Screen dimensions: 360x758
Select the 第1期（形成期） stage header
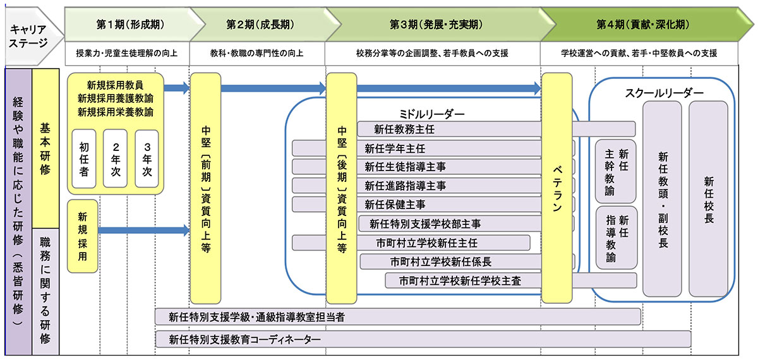click(130, 24)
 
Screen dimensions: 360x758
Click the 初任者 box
click(84, 158)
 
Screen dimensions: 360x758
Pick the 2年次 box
click(116, 158)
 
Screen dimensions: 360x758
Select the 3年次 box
click(147, 158)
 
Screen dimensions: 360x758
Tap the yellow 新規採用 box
click(83, 236)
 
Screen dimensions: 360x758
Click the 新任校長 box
click(708, 198)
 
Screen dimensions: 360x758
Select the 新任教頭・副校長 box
click(662, 198)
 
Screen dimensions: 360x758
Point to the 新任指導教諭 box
click(615, 237)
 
